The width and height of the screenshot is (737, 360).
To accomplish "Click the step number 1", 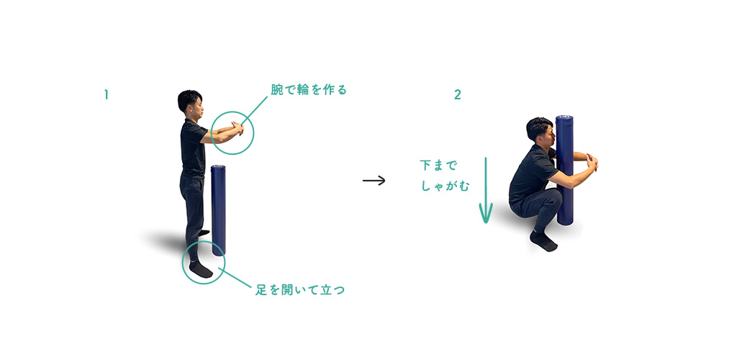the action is (107, 95).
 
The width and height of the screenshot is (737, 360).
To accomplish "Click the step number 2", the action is (457, 95).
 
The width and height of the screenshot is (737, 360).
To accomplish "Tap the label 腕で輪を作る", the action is (309, 89).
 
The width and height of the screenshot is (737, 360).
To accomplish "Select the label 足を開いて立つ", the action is (300, 290).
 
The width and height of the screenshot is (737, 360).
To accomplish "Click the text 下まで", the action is (438, 166).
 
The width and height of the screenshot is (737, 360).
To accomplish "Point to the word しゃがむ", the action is (445, 186).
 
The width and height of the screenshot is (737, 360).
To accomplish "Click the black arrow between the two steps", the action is (374, 181).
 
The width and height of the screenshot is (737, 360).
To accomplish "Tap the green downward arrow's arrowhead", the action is (486, 214).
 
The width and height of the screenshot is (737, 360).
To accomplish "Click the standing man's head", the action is (190, 102).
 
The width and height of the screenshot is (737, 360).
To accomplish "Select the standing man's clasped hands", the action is (238, 128).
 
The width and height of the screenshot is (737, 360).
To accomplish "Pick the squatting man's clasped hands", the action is (592, 162).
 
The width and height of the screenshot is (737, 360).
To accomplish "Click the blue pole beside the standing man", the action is (218, 210).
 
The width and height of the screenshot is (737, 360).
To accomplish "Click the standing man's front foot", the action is (200, 269).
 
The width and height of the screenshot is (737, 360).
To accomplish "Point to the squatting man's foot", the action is (543, 241).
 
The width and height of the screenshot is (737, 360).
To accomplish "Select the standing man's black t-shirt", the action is (194, 148).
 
